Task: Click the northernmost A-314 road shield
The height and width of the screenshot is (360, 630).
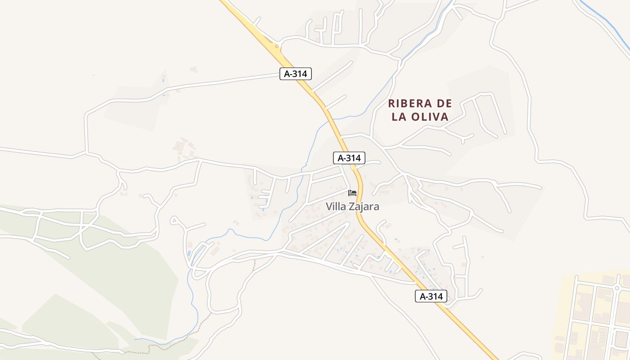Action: click(x=295, y=74)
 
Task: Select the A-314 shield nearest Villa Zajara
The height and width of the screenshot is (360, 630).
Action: click(x=349, y=158)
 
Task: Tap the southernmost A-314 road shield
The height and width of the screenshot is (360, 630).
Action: click(x=431, y=296)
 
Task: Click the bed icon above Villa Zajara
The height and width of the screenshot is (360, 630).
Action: click(x=352, y=193)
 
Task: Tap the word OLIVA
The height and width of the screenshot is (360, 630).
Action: click(x=429, y=117)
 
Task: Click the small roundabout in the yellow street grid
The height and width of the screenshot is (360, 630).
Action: click(x=617, y=288)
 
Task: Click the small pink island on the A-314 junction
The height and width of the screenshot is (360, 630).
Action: click(x=276, y=45)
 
